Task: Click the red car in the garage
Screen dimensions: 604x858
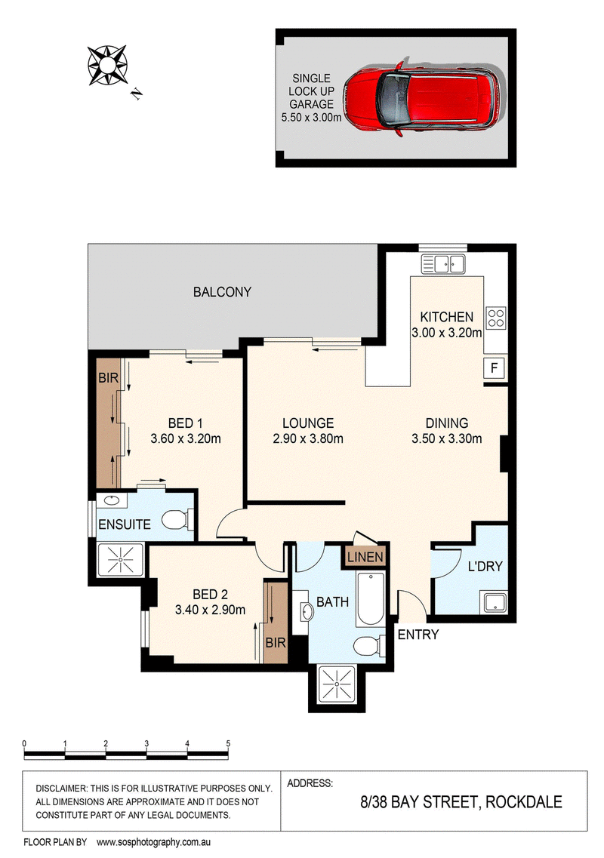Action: [x=421, y=97]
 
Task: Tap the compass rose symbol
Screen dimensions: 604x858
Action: [x=107, y=66]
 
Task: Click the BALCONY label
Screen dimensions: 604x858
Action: [x=222, y=291]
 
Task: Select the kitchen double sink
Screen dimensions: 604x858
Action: [x=443, y=264]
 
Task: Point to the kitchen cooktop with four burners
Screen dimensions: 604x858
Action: [x=496, y=318]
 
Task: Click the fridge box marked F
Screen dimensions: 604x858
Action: [x=495, y=367]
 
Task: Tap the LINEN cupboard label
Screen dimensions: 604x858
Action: [x=365, y=557]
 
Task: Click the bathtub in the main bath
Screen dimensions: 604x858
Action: [x=370, y=599]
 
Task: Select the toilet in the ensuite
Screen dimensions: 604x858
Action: [x=179, y=519]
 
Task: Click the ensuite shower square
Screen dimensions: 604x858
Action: [x=121, y=560]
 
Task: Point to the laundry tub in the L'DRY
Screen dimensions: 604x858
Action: [x=495, y=602]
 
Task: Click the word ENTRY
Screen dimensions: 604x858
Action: [x=418, y=635]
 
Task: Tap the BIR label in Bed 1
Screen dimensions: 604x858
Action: [x=108, y=377]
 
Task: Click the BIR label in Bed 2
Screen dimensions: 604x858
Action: [x=276, y=642]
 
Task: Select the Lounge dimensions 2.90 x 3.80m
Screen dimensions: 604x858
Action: [x=308, y=438]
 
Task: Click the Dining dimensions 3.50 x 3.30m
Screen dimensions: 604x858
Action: [x=447, y=438]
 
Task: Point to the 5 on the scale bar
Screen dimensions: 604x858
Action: [x=228, y=743]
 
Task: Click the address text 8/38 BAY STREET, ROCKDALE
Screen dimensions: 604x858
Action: [x=461, y=802]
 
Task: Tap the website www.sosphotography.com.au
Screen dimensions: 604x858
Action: [x=153, y=843]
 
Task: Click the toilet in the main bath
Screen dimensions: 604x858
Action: [x=368, y=646]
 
